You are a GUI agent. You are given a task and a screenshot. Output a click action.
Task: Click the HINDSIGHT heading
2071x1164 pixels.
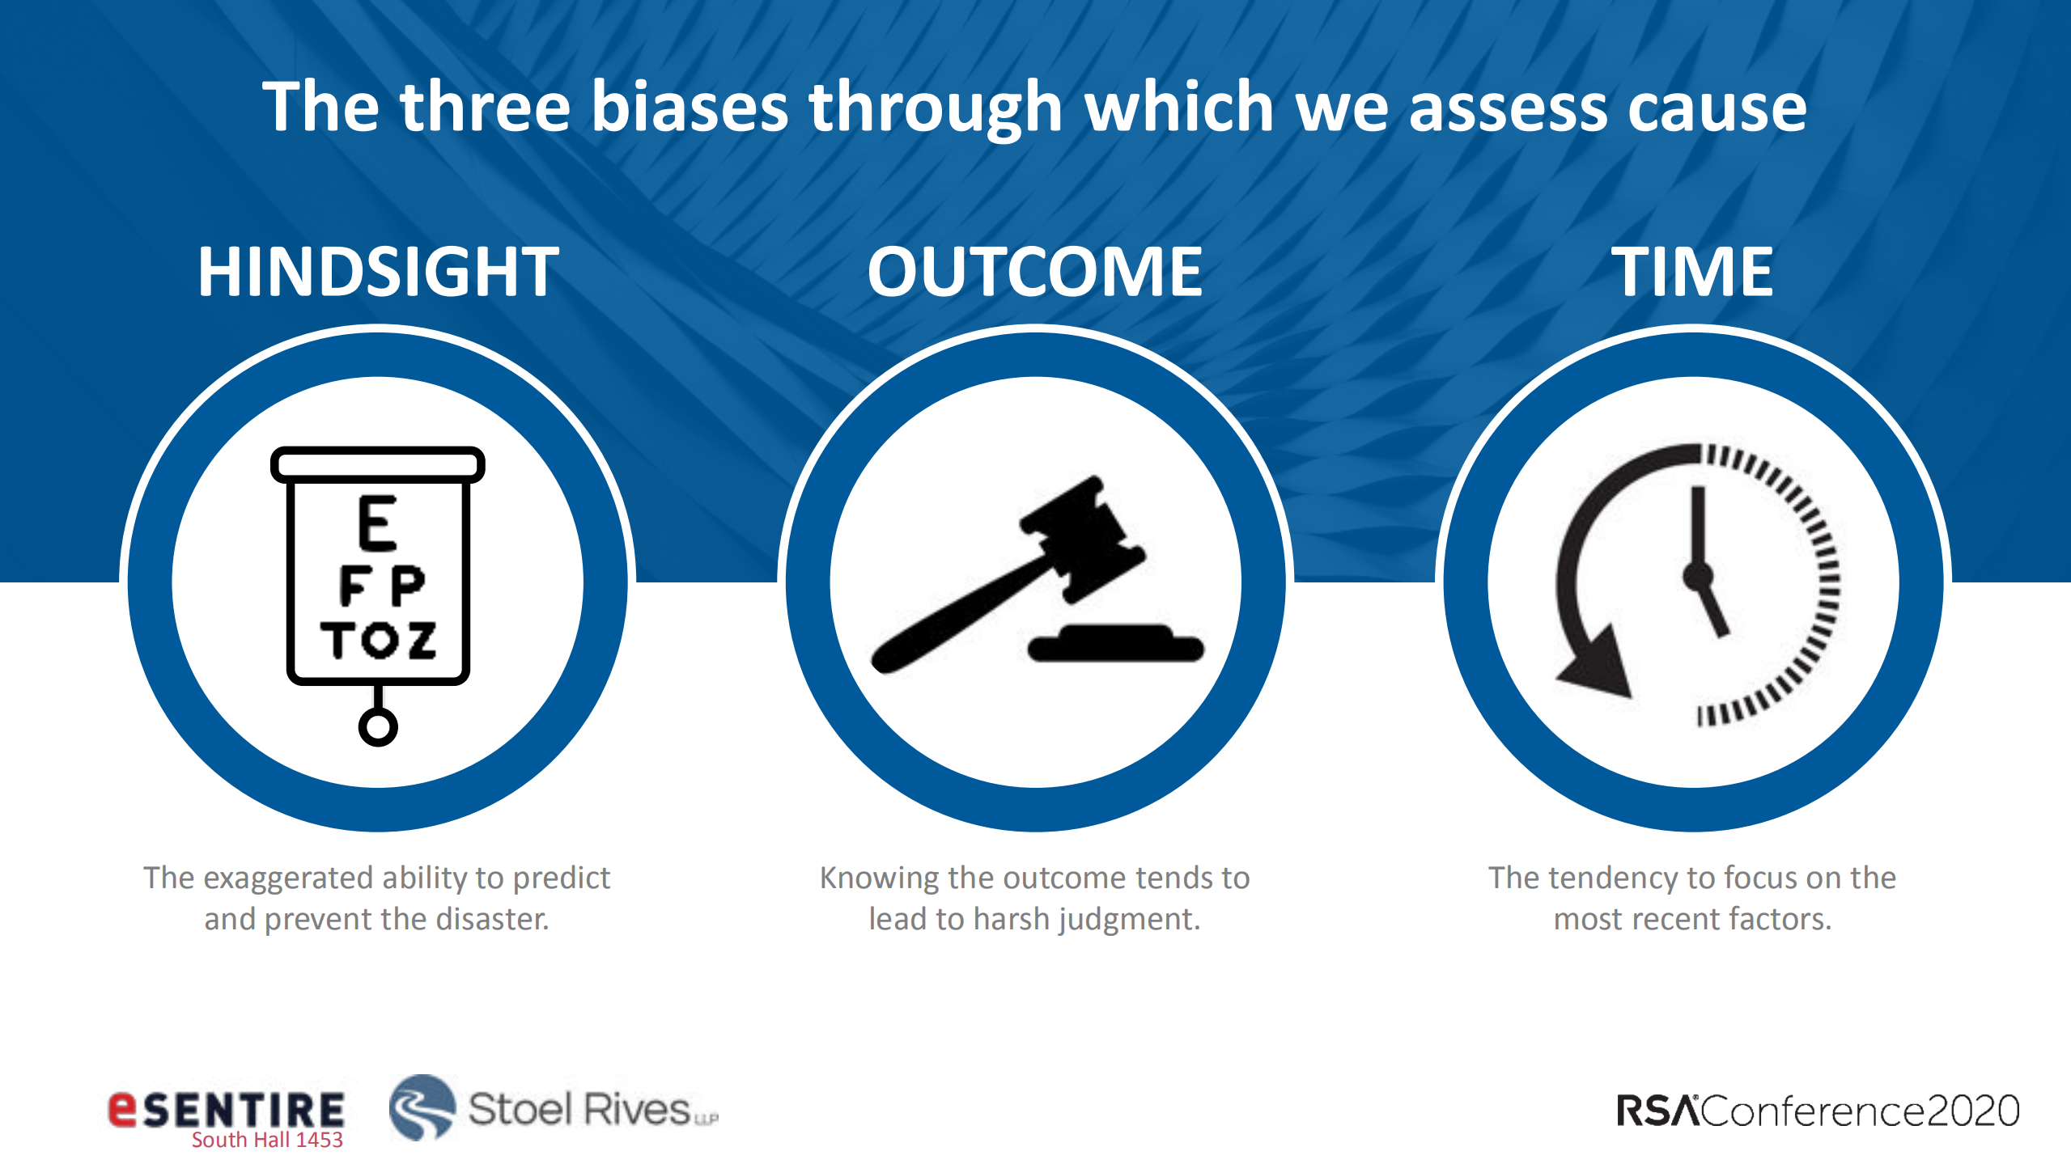click(378, 272)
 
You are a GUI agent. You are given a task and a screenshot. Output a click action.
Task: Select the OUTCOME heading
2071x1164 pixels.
click(1035, 272)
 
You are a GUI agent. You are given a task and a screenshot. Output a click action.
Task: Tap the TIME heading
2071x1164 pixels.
click(1692, 272)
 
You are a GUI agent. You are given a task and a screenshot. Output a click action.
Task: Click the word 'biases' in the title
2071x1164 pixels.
click(690, 107)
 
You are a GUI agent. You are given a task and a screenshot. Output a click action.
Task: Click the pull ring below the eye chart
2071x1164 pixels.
click(378, 726)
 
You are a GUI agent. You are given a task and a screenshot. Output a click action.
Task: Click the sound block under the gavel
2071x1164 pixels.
click(1116, 644)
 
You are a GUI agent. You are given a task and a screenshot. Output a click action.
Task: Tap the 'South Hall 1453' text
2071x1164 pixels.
click(267, 1140)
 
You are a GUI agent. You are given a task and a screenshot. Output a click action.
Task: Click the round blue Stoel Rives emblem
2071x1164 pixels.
click(422, 1107)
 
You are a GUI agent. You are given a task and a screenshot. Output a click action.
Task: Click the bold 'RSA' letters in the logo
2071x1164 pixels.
click(1657, 1111)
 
